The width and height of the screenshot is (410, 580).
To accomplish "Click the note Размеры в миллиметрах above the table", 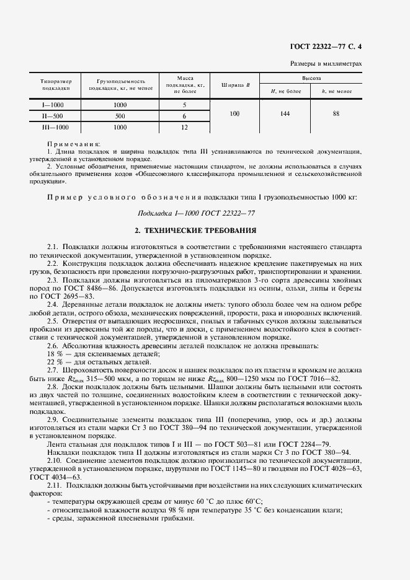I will tap(326, 64).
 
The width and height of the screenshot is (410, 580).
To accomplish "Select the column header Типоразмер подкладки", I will tap(56, 85).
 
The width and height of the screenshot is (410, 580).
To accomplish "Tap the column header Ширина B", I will tap(235, 85).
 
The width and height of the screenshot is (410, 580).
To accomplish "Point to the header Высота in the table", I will tap(311, 79).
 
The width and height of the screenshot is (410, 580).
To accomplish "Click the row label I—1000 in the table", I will tap(53, 105).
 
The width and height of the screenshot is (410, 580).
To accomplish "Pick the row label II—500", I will tap(53, 116).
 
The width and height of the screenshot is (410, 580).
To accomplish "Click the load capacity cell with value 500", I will tap(120, 116).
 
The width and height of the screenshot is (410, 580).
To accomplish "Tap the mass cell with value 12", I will tap(184, 127).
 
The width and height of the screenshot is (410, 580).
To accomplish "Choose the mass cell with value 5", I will tap(184, 105).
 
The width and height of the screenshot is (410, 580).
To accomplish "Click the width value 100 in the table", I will tap(234, 114).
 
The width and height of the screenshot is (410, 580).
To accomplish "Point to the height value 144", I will tap(285, 114).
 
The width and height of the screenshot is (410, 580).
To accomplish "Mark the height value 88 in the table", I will tap(336, 114).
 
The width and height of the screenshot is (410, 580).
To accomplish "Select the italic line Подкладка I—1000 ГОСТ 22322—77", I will tap(196, 213).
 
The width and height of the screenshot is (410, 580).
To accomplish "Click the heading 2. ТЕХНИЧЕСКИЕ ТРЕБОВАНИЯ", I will tap(196, 231).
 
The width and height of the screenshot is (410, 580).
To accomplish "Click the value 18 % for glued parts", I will tap(54, 353).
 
